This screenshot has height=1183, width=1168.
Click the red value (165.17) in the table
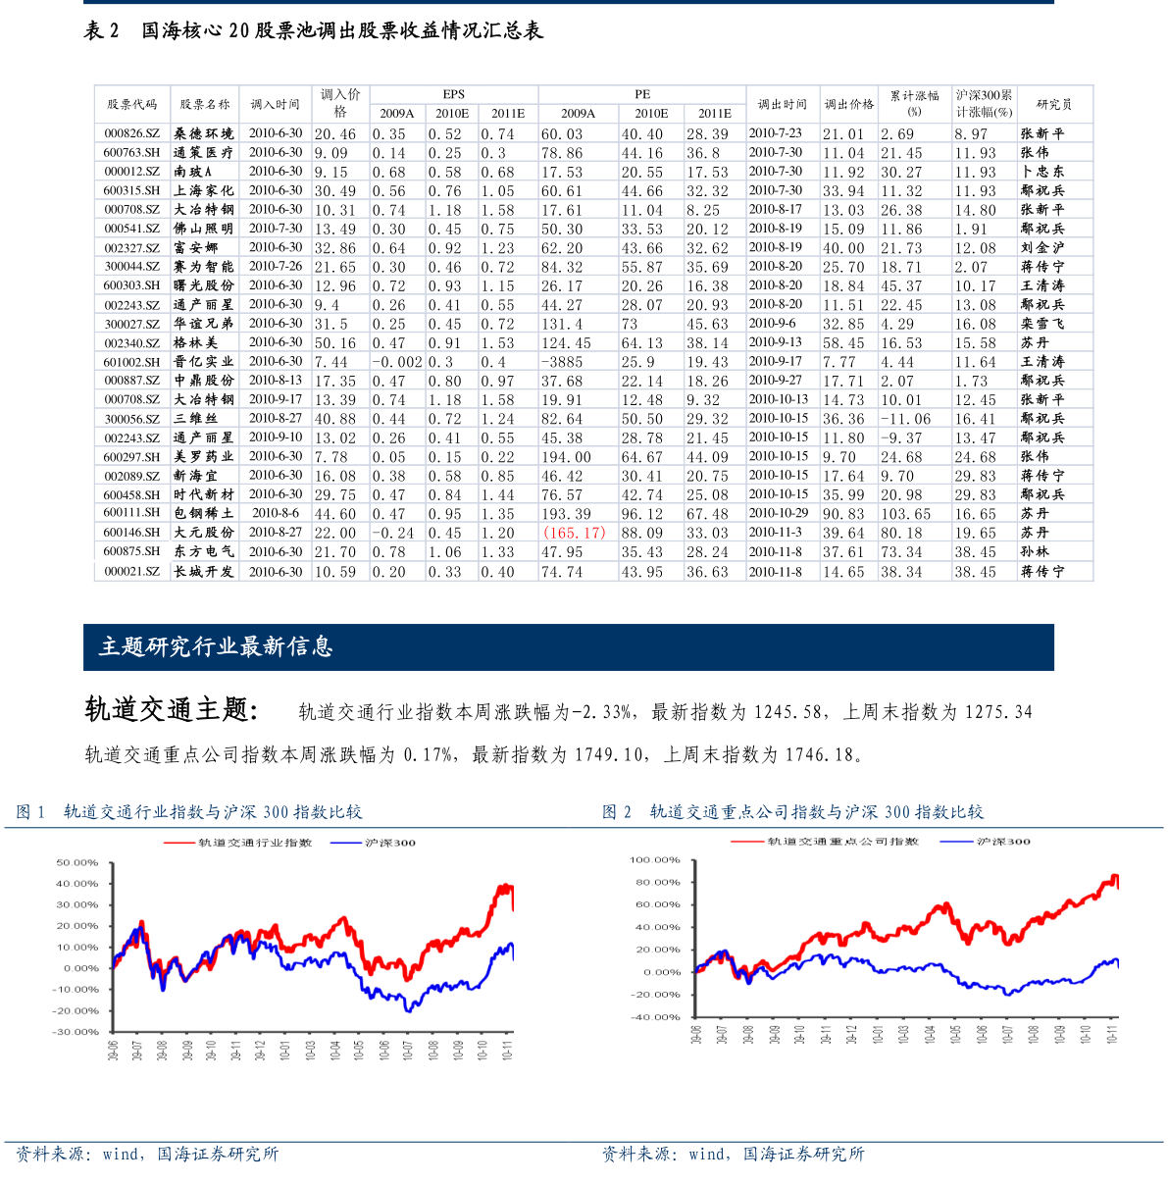[575, 533]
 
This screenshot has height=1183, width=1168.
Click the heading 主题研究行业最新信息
[216, 646]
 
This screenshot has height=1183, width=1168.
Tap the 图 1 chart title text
[189, 812]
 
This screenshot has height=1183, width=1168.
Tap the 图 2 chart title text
[792, 812]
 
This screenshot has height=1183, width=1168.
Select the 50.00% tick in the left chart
[77, 863]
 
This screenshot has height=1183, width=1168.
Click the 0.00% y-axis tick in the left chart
[81, 968]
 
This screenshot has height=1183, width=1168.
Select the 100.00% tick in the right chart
[654, 860]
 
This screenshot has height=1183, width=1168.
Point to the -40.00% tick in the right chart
[655, 1017]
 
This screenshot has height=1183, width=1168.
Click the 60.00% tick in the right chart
[657, 904]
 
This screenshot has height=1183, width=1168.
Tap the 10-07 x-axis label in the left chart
[408, 1050]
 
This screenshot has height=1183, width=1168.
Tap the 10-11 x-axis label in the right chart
[1111, 1033]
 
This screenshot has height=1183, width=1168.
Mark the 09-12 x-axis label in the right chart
[851, 1033]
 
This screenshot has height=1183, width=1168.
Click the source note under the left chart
[147, 1155]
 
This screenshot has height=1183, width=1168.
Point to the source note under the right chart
[733, 1155]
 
